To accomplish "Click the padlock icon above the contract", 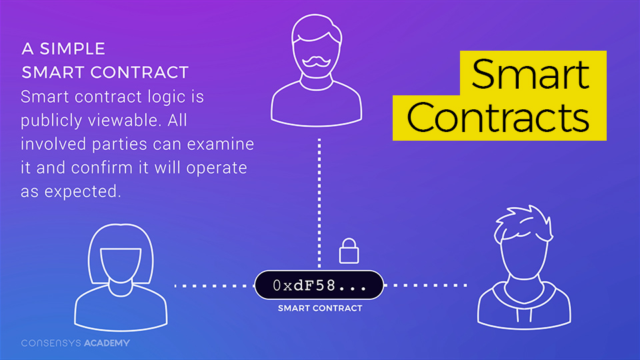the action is (349, 251).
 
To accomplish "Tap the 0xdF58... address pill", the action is (319, 285).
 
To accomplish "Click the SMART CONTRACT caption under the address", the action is (320, 309).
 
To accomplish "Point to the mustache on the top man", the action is (316, 61).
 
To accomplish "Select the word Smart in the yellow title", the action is (531, 74).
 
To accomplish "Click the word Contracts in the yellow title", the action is (498, 117).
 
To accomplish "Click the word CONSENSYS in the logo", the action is (51, 343).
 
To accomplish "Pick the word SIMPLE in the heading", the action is (72, 49).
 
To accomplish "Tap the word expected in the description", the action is (83, 191).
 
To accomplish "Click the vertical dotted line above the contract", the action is (319, 203).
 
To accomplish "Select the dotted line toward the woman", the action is (213, 286).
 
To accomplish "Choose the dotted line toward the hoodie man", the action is (425, 285).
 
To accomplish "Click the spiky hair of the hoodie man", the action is (523, 223).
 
